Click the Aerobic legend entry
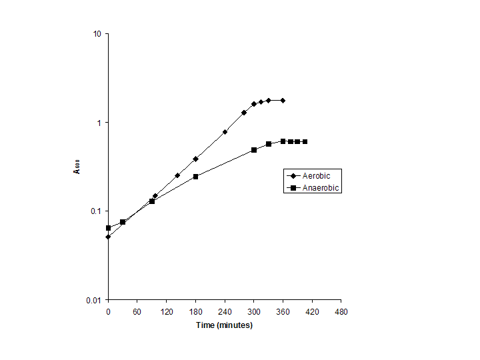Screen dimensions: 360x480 click(317, 175)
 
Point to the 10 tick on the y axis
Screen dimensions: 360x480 click(97, 34)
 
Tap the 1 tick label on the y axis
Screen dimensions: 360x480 click(99, 123)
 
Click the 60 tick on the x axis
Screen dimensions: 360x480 click(137, 311)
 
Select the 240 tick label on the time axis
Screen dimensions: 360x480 click(225, 311)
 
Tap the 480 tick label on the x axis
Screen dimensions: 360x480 click(341, 311)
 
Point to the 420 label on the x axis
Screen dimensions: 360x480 click(312, 311)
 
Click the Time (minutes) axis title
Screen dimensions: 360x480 click(224, 325)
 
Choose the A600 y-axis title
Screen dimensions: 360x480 click(77, 167)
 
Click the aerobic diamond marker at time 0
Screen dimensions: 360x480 click(108, 237)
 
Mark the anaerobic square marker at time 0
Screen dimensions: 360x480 click(108, 228)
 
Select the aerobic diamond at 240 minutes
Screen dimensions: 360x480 click(225, 132)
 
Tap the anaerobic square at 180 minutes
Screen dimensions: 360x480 click(195, 177)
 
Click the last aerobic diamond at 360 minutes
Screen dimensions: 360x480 click(283, 100)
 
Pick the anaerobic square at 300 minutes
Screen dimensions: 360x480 click(254, 150)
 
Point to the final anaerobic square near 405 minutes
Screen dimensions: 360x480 click(305, 141)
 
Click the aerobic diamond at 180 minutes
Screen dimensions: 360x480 click(195, 159)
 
